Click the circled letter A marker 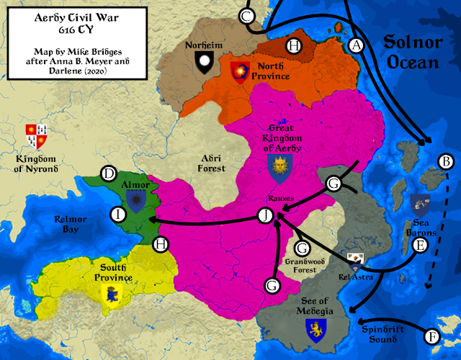[x=355, y=45]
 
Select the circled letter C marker [x=248, y=16]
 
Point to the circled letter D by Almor [x=109, y=174]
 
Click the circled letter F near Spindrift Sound [x=432, y=336]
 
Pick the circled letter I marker [x=117, y=213]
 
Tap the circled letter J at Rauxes [x=267, y=215]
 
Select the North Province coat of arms [x=238, y=71]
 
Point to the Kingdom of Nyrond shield [x=35, y=135]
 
